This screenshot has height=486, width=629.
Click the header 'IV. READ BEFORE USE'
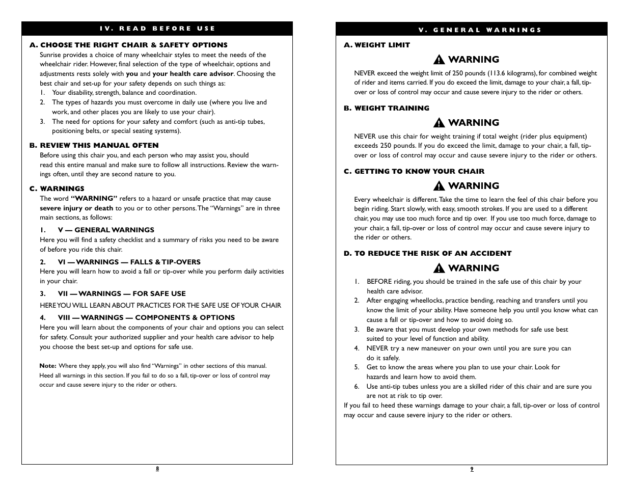[157, 29]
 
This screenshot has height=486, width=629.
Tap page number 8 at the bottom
[157, 469]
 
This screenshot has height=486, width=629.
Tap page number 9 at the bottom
[472, 469]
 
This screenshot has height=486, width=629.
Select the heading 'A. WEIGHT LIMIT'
[376, 45]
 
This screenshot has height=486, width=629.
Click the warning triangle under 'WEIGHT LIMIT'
[440, 60]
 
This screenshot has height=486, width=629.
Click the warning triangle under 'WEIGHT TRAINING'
[440, 123]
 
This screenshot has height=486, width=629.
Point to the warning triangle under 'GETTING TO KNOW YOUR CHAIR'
[440, 186]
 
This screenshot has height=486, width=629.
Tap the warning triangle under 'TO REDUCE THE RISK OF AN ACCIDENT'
[440, 268]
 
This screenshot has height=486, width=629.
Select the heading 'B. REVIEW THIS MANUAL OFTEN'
[94, 145]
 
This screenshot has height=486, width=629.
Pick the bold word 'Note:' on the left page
[48, 366]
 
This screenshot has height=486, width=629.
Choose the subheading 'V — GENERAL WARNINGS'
[106, 230]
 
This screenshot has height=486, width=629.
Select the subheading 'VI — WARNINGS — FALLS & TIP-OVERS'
[129, 262]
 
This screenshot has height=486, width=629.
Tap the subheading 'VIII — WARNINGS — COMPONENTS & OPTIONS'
[146, 317]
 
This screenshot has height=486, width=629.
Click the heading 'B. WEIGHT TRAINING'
[386, 108]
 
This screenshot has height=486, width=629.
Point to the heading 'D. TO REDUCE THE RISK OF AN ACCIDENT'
[427, 253]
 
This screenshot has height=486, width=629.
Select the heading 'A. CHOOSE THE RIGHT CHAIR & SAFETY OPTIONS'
[128, 45]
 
